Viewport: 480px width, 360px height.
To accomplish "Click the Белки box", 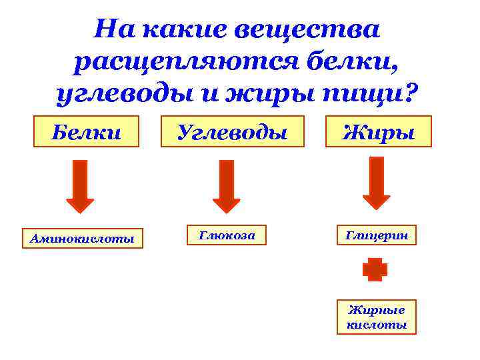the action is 87,131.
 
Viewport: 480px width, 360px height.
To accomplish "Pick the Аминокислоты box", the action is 83,238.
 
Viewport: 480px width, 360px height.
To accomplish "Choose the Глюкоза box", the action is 227,235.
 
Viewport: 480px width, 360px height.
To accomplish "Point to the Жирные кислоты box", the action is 377,317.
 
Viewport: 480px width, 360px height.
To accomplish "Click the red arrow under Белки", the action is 80,186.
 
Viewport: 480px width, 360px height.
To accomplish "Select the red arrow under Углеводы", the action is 226,186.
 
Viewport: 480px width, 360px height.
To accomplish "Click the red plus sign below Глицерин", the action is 375,269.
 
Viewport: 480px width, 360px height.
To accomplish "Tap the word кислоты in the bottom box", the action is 377,325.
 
